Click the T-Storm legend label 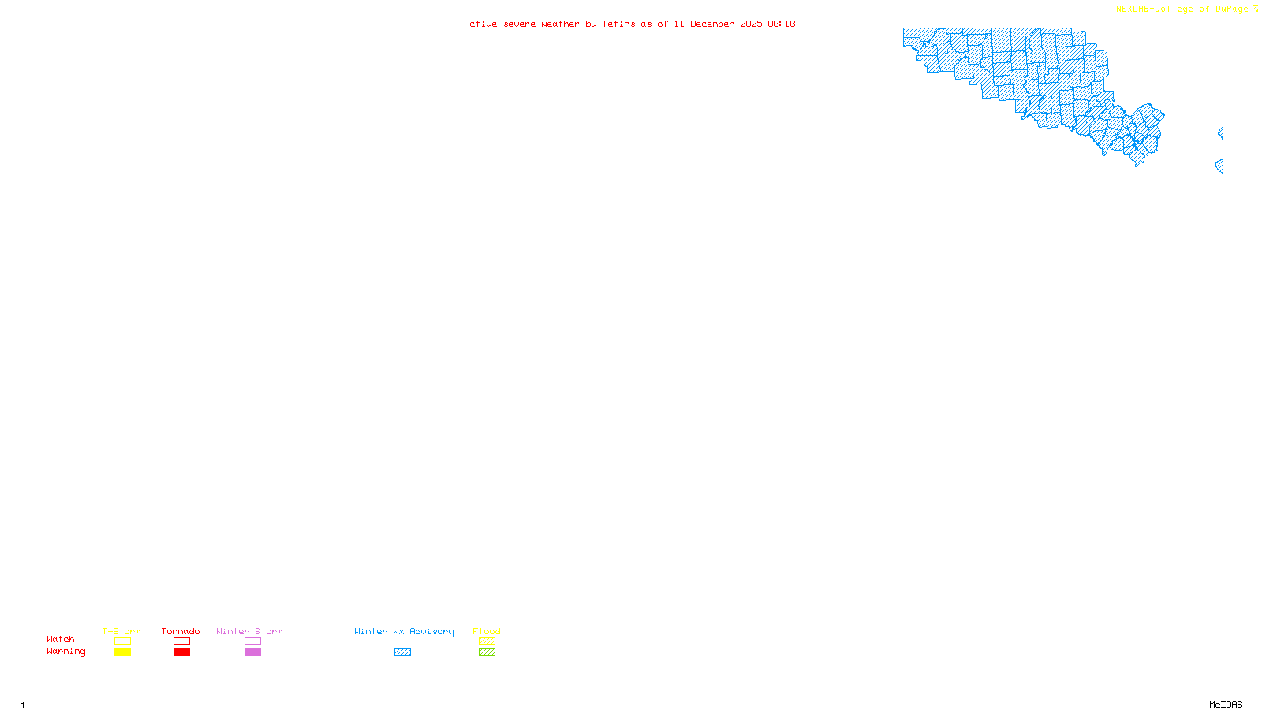tap(121, 631)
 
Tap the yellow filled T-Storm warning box tap(122, 652)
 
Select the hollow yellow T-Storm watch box tap(122, 641)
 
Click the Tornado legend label tap(181, 631)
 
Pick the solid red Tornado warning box tap(181, 652)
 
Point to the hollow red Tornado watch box tap(181, 641)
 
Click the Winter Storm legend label tap(249, 631)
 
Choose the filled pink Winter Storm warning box tap(252, 652)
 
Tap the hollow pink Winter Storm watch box tap(252, 641)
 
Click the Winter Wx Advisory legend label tap(404, 631)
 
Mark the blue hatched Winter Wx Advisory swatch tap(402, 652)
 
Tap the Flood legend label tap(487, 631)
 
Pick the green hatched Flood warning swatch tap(487, 652)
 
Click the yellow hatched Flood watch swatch tap(487, 641)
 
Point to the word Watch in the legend tap(61, 640)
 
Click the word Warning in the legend tap(66, 652)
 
